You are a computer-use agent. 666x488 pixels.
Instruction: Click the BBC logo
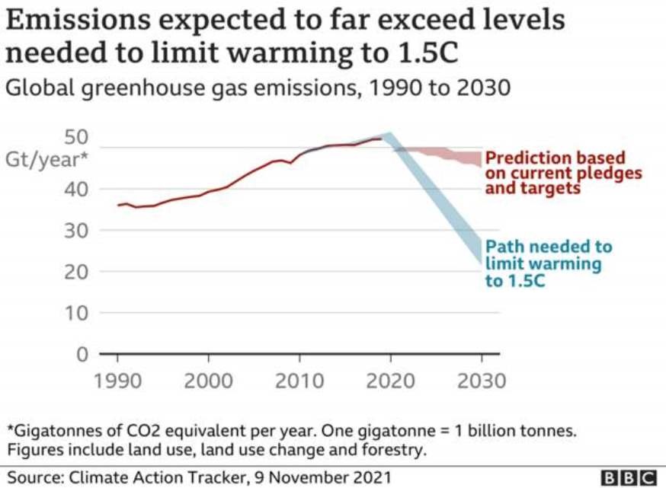tap(630, 477)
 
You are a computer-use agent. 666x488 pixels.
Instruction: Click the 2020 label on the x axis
tap(390, 379)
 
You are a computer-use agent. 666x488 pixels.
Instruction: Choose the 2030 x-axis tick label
tap(481, 379)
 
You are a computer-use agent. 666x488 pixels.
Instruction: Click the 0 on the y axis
tap(82, 354)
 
